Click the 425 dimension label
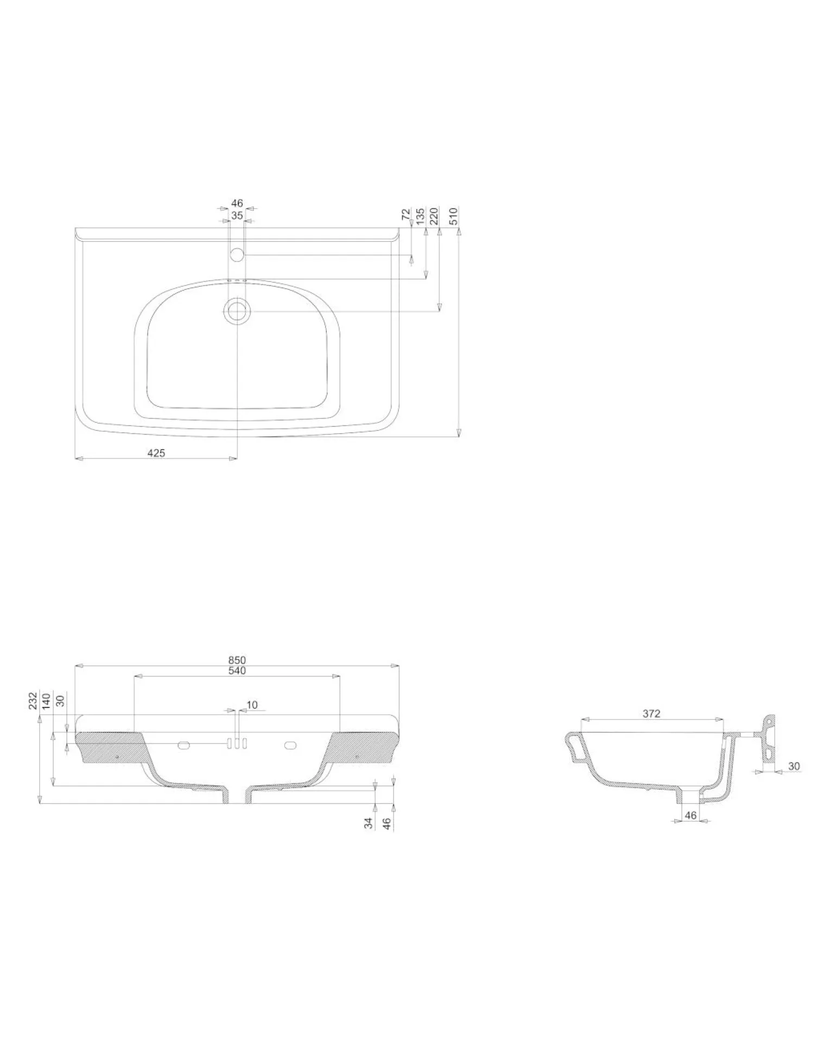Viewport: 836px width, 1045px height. (x=156, y=453)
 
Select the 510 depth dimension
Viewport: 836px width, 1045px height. (x=454, y=216)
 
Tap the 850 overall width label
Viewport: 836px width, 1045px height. (x=237, y=660)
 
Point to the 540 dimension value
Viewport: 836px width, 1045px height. (x=237, y=670)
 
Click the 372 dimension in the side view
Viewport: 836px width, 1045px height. (x=651, y=713)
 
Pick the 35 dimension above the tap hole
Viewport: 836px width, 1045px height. (x=237, y=216)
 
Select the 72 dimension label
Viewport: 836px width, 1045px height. (x=406, y=214)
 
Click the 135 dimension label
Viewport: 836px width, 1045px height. (x=420, y=216)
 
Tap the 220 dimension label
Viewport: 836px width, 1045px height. (x=434, y=216)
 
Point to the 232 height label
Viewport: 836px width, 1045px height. (x=33, y=700)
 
